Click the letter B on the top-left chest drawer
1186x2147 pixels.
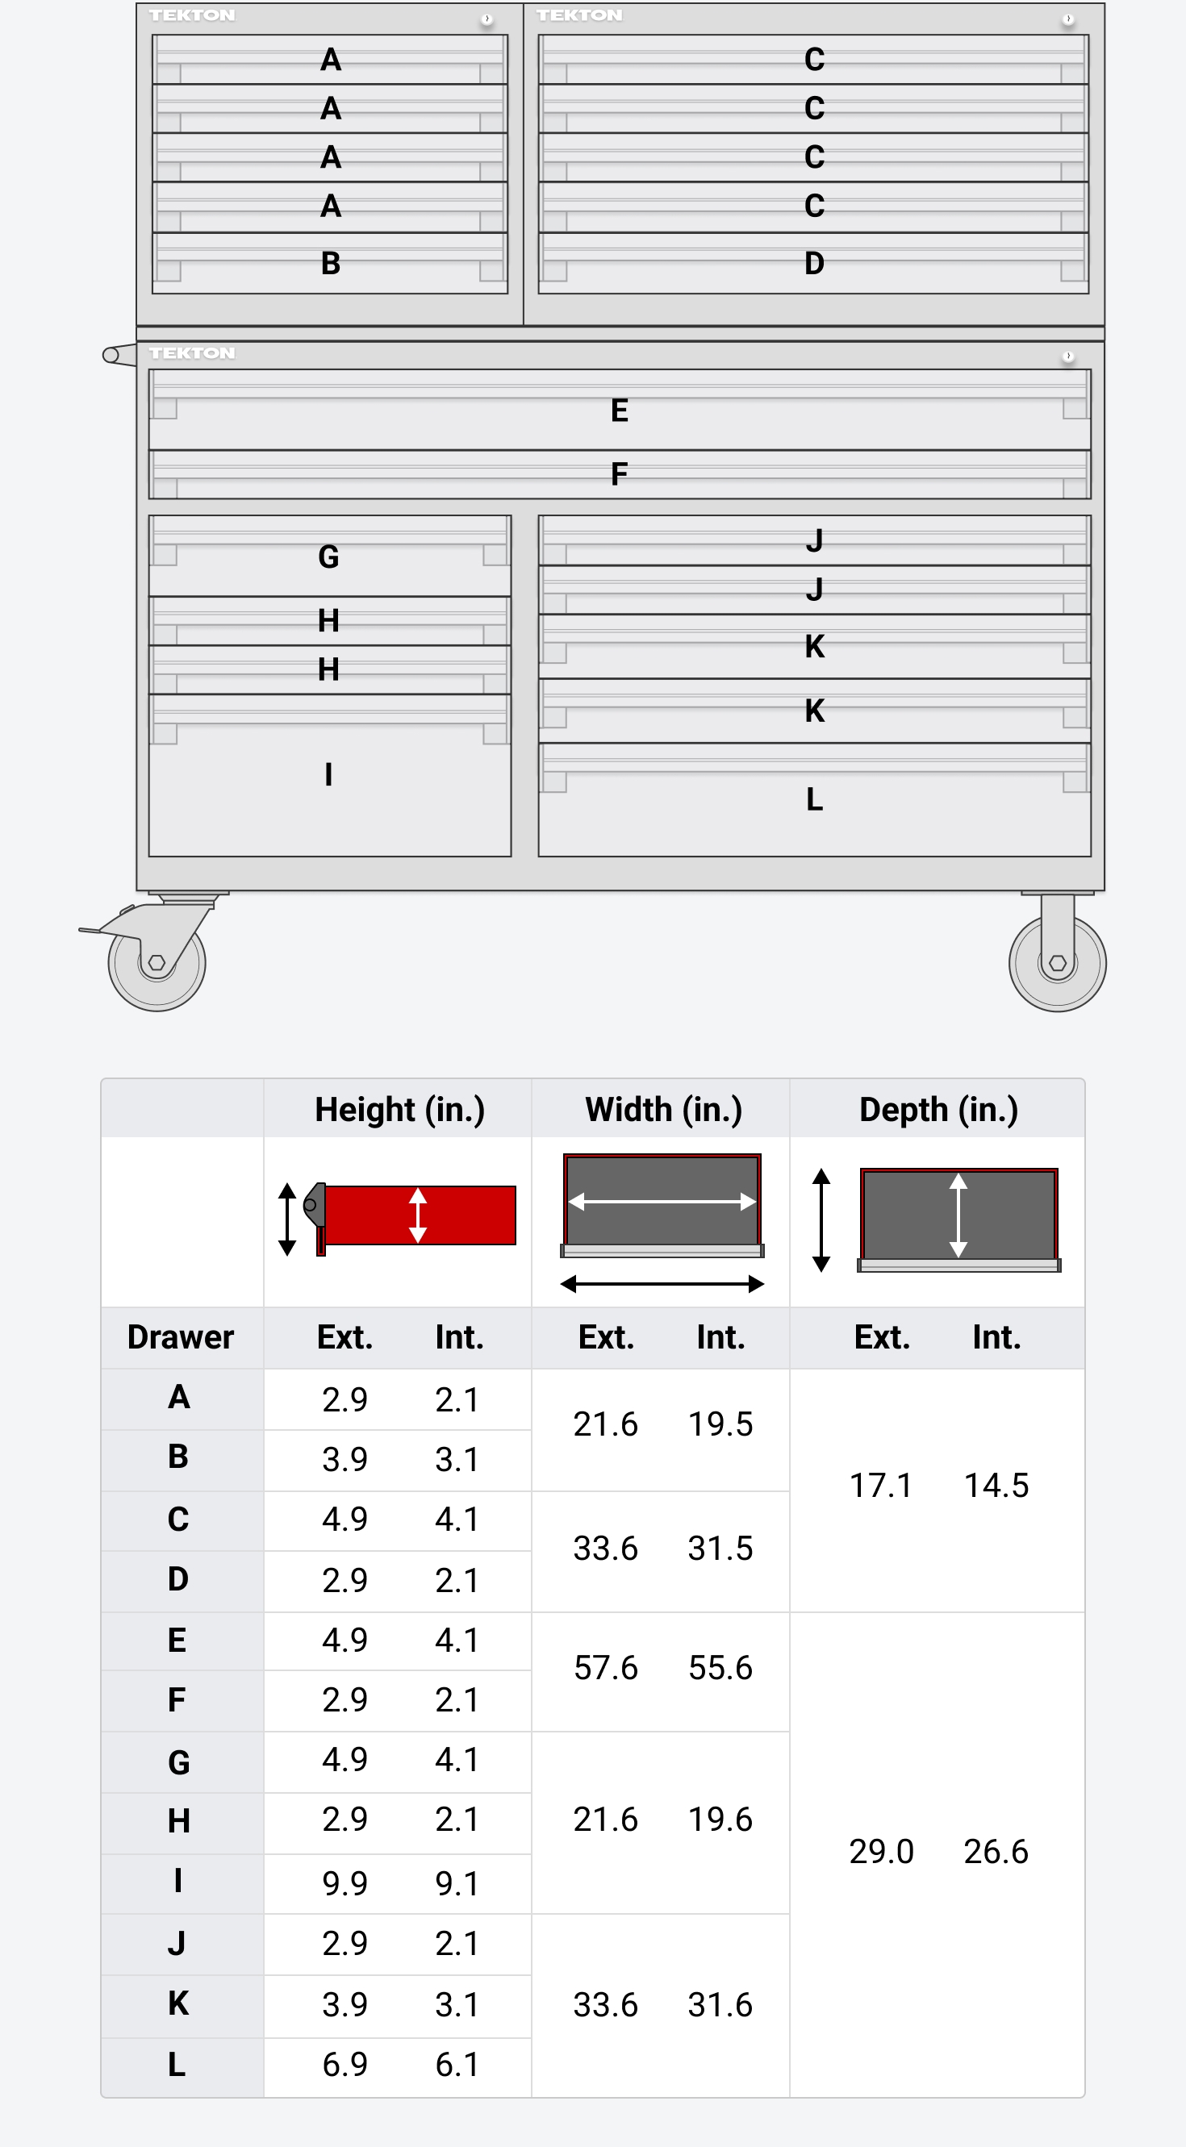[330, 264]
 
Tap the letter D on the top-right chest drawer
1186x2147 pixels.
[814, 264]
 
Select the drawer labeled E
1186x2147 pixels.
[620, 410]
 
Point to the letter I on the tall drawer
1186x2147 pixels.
[328, 774]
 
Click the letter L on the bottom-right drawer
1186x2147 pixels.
[814, 799]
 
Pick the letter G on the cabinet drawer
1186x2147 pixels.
[328, 557]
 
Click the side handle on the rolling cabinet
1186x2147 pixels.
[119, 355]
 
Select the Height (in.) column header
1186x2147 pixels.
[399, 1109]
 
